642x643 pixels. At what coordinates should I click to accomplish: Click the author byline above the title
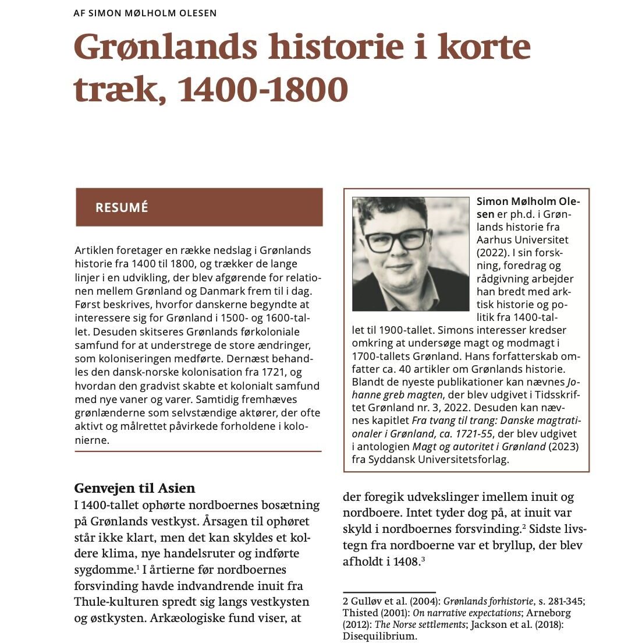(x=145, y=13)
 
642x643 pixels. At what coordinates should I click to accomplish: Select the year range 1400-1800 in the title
(x=262, y=90)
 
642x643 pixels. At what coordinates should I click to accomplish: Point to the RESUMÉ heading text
(x=122, y=207)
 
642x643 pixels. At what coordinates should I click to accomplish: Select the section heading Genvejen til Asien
(x=134, y=488)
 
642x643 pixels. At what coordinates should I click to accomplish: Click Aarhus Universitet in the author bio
(x=522, y=239)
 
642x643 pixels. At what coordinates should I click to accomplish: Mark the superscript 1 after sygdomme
(x=137, y=567)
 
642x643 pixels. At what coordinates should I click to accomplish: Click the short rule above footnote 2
(x=389, y=592)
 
